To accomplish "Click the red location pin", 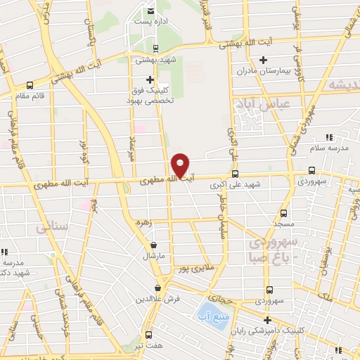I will click(x=181, y=165).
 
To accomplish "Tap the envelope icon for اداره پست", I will click(x=151, y=11).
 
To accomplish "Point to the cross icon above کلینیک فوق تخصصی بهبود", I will click(x=150, y=79).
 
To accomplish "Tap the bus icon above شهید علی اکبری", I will click(x=235, y=174).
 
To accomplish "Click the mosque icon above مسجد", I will click(x=284, y=212).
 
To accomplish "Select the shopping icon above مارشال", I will click(x=154, y=245).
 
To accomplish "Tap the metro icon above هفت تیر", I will click(x=148, y=334).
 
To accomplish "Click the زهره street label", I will click(x=143, y=223).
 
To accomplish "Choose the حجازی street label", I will click(x=230, y=298).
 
